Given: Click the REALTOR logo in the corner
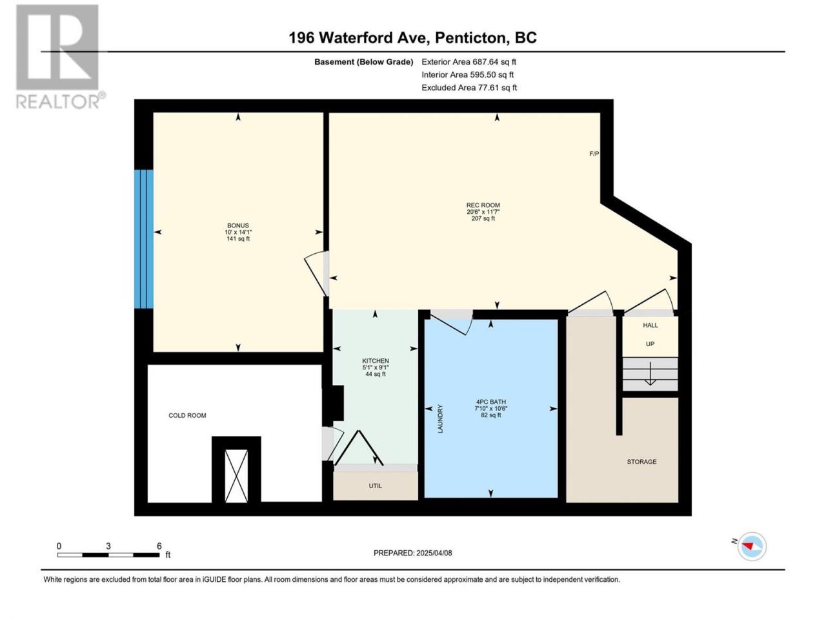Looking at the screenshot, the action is coord(60,56).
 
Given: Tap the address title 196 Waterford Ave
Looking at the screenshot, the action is coord(359,38).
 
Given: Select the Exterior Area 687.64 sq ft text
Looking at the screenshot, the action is coord(469,62).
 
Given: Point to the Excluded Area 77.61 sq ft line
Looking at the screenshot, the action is coord(469,88).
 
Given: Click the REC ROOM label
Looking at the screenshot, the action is coord(483,205).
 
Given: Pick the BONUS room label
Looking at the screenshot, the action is coord(238,225).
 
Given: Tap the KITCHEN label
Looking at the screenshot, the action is coord(375,360).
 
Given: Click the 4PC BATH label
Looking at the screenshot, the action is coord(490,402).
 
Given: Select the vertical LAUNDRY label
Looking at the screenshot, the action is coord(440,418).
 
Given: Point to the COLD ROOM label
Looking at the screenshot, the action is coord(187,415).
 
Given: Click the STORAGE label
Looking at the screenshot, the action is coord(641,462).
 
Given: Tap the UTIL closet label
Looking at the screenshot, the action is coord(375,486).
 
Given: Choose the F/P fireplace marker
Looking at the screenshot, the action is coord(594,154).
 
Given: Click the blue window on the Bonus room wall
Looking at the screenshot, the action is coord(144,239).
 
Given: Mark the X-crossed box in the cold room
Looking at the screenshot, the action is coord(236,476).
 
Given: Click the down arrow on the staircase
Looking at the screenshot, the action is coord(650,373).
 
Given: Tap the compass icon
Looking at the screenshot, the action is coord(751,546).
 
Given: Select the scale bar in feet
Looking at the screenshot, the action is coord(108,555).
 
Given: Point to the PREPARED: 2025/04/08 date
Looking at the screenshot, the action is coord(413,553).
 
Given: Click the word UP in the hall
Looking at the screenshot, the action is coord(650,344).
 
